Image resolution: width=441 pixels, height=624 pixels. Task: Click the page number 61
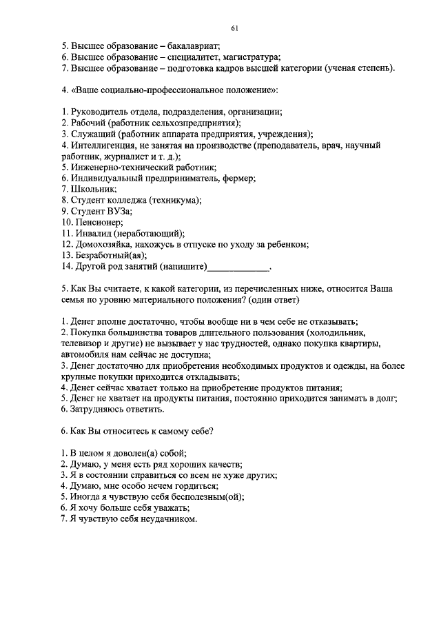click(x=235, y=28)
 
